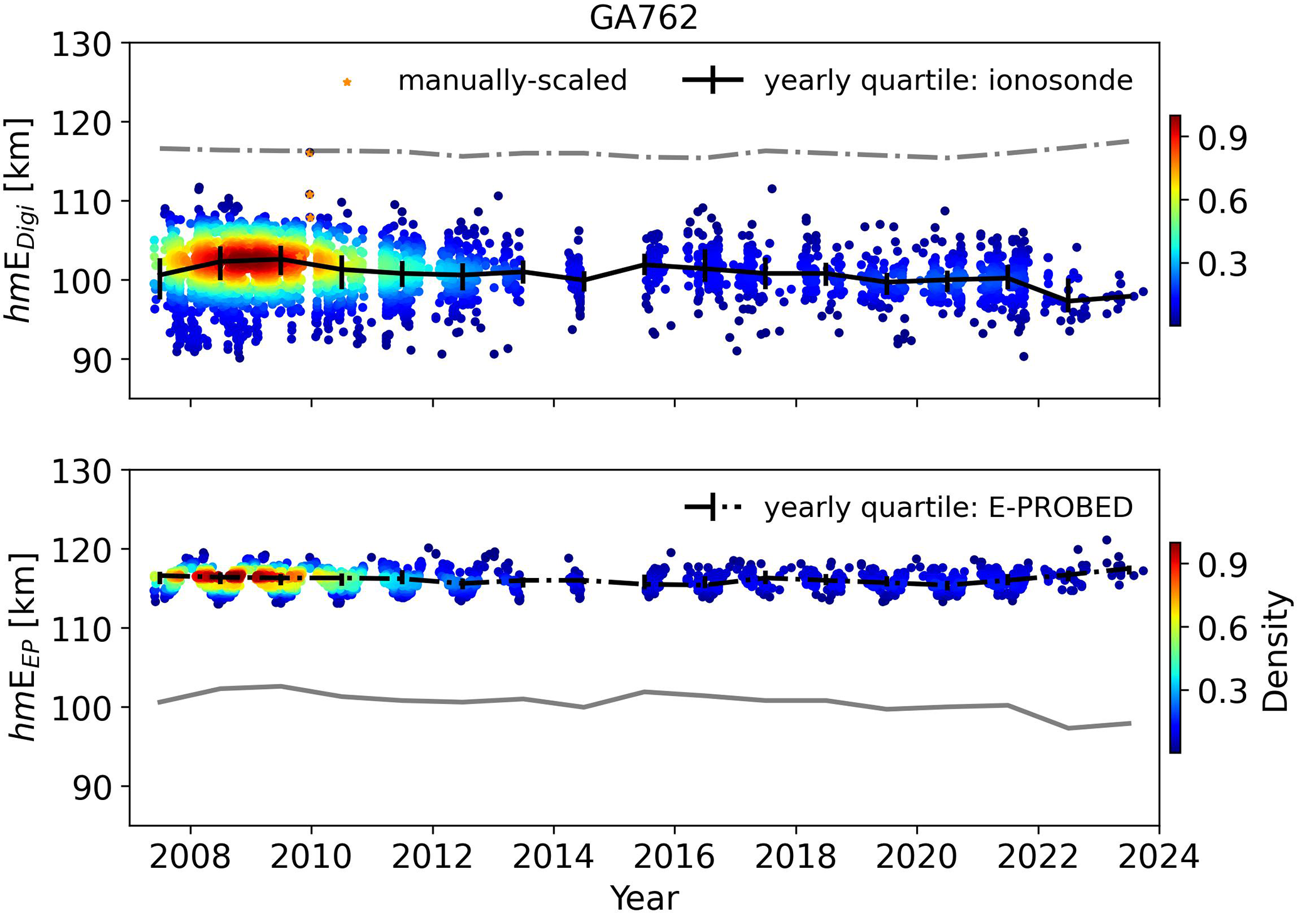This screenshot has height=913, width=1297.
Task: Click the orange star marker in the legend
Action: click(x=347, y=82)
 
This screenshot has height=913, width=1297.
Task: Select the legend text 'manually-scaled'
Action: click(x=512, y=81)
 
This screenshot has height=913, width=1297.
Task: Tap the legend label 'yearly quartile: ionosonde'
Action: click(x=948, y=81)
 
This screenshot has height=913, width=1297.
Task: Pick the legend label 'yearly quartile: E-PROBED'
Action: click(x=948, y=508)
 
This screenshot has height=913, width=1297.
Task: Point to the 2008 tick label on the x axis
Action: click(x=190, y=857)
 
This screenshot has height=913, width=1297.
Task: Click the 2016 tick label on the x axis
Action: click(x=675, y=857)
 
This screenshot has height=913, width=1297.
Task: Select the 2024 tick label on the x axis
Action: click(x=1158, y=857)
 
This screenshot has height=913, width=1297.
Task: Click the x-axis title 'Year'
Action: click(x=644, y=897)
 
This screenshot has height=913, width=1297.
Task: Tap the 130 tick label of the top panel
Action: click(x=89, y=45)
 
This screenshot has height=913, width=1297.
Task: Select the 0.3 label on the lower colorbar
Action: click(x=1222, y=692)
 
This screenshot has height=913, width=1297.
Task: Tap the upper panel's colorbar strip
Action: click(x=1175, y=220)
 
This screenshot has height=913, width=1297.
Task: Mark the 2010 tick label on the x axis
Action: click(x=311, y=857)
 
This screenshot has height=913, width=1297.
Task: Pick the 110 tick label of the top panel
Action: click(x=89, y=201)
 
